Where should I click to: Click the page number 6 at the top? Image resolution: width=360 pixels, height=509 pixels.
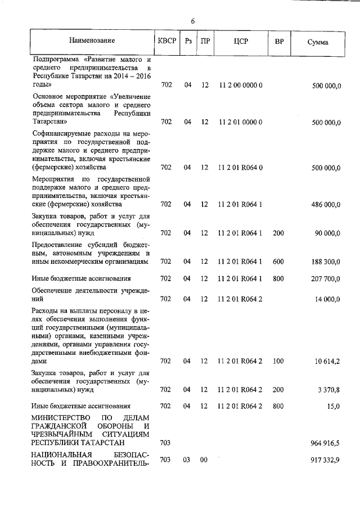pos(192,21)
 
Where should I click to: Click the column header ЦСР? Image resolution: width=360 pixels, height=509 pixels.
pos(240,42)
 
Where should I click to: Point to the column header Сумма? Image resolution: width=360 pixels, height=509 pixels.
pos(318,42)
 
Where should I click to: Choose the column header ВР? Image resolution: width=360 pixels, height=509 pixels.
pos(278,42)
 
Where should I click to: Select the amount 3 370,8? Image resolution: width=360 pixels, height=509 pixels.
pos(330,389)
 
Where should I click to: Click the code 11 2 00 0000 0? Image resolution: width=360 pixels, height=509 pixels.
pos(240,85)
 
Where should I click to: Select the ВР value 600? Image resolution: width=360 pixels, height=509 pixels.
pos(278,262)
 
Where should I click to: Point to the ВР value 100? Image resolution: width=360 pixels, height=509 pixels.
pos(278,361)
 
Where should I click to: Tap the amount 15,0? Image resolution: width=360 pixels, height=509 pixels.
pos(334,406)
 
